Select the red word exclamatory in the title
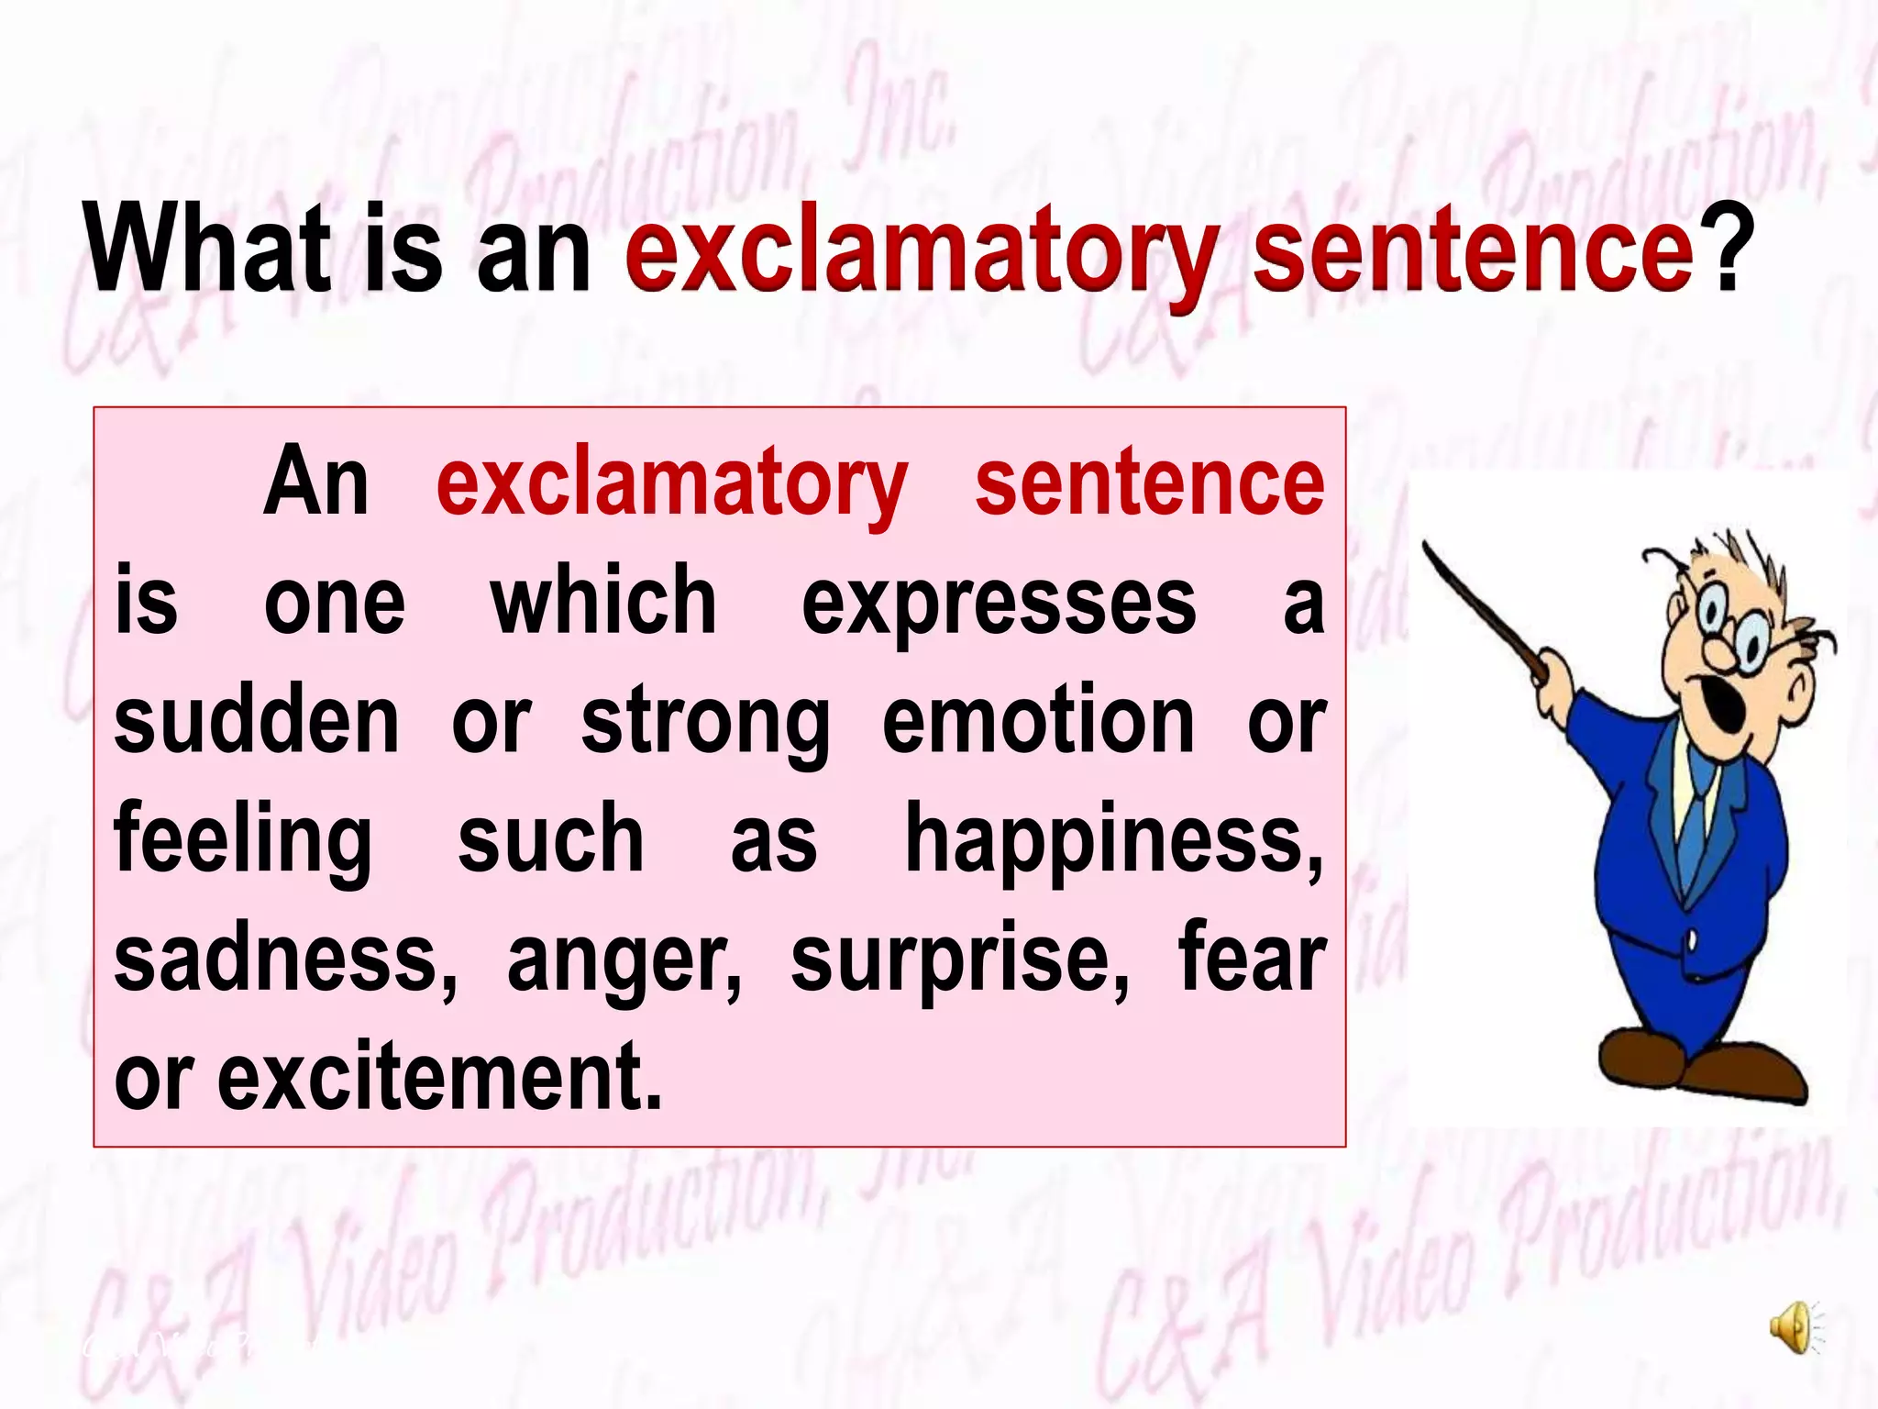(x=921, y=253)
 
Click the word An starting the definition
(x=316, y=483)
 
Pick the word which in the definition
(x=603, y=602)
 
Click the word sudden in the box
(x=257, y=721)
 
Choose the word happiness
(x=1113, y=840)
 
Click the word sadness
(x=284, y=960)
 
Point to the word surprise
(x=959, y=960)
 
